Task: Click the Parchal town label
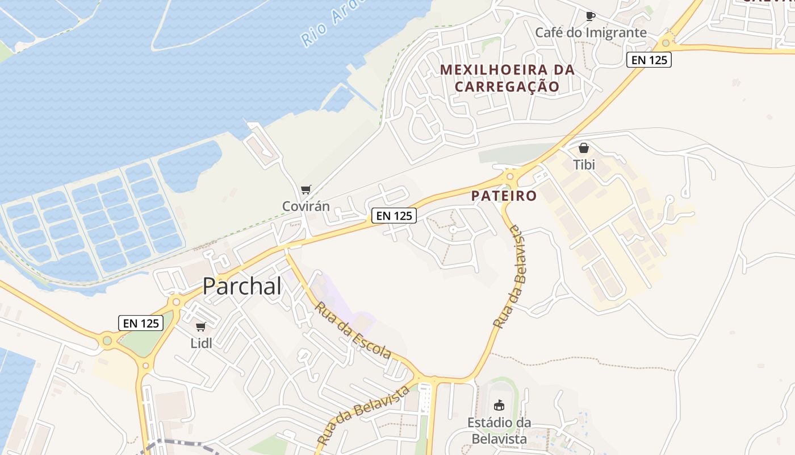coord(242,286)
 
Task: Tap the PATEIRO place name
coord(504,196)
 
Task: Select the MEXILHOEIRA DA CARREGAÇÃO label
coord(507,78)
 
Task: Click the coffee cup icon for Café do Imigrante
coord(591,16)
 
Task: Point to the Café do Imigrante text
coord(591,32)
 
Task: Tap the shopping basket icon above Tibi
coord(583,148)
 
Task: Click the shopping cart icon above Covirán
coord(306,189)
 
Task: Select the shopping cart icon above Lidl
coord(200,326)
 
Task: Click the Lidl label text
coord(201,343)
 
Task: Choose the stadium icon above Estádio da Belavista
coord(499,405)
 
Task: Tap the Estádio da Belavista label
coord(499,431)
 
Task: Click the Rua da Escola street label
coord(353,330)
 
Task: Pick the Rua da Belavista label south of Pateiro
coord(509,277)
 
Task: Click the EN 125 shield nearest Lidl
coord(141,323)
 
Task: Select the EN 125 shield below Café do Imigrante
coord(649,60)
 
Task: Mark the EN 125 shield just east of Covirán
coord(394,216)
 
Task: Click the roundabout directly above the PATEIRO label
coord(509,177)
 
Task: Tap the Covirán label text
coord(306,206)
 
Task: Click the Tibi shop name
coord(584,165)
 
